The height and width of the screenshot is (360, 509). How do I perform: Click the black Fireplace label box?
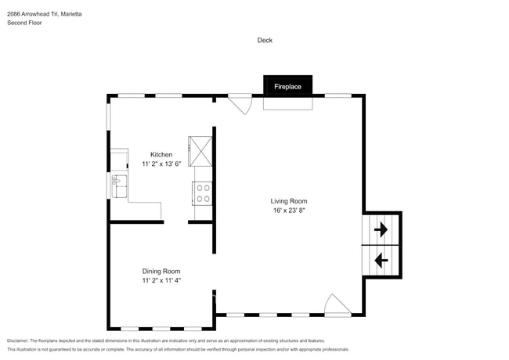pos(287,86)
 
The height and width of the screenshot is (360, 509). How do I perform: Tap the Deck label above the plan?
pos(265,40)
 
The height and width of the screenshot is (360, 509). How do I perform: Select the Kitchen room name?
pos(161,154)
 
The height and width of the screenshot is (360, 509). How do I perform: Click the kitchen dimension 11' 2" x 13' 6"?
pos(161,164)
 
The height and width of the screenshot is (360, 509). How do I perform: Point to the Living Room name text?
pos(288,200)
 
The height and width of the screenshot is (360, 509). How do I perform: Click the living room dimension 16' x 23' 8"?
pos(288,211)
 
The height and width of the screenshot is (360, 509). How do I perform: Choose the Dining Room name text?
pos(161,271)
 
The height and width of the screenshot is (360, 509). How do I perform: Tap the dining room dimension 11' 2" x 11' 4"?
pos(161,280)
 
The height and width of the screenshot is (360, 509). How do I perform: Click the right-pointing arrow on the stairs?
pos(381,230)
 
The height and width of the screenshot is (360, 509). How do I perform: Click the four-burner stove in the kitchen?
pos(203,193)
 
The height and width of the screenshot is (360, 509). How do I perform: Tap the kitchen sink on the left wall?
pos(119,185)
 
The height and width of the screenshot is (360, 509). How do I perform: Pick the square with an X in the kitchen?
pos(200,150)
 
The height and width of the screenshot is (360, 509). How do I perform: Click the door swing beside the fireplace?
pos(240,104)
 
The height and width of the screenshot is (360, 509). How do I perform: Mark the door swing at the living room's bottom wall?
pos(338,305)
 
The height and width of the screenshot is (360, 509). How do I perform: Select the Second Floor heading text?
pos(24,23)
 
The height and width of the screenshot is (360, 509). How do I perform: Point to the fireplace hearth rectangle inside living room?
pos(287,103)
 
